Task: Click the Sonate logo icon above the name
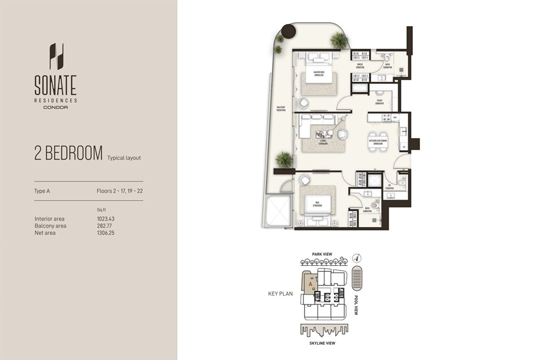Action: click(x=56, y=57)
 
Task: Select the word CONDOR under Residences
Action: click(x=55, y=107)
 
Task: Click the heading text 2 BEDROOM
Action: click(x=68, y=154)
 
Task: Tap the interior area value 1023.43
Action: click(x=106, y=218)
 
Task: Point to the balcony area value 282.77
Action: click(x=104, y=225)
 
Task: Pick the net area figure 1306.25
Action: click(x=106, y=233)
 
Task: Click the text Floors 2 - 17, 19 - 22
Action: click(x=118, y=191)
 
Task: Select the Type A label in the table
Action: click(x=42, y=191)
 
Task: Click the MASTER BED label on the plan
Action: click(x=318, y=73)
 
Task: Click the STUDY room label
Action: click(x=380, y=101)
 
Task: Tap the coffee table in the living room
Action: click(x=325, y=134)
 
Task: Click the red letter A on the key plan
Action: click(x=310, y=283)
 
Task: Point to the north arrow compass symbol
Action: click(x=357, y=258)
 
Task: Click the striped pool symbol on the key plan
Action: click(x=356, y=278)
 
